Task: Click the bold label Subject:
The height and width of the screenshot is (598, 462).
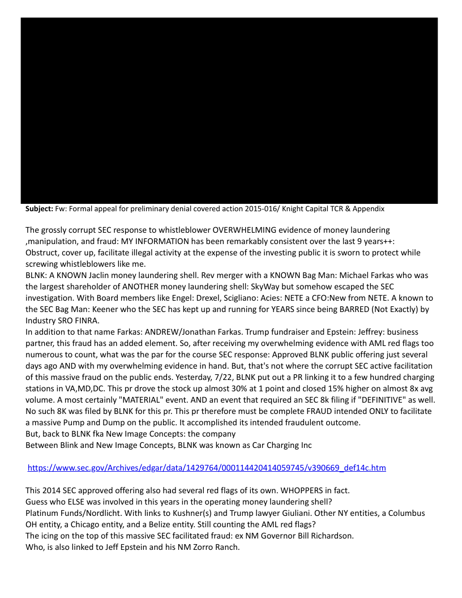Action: [39, 209]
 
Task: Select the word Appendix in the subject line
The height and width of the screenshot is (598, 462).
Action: [369, 209]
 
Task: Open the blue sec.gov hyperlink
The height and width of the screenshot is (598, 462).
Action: [207, 468]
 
